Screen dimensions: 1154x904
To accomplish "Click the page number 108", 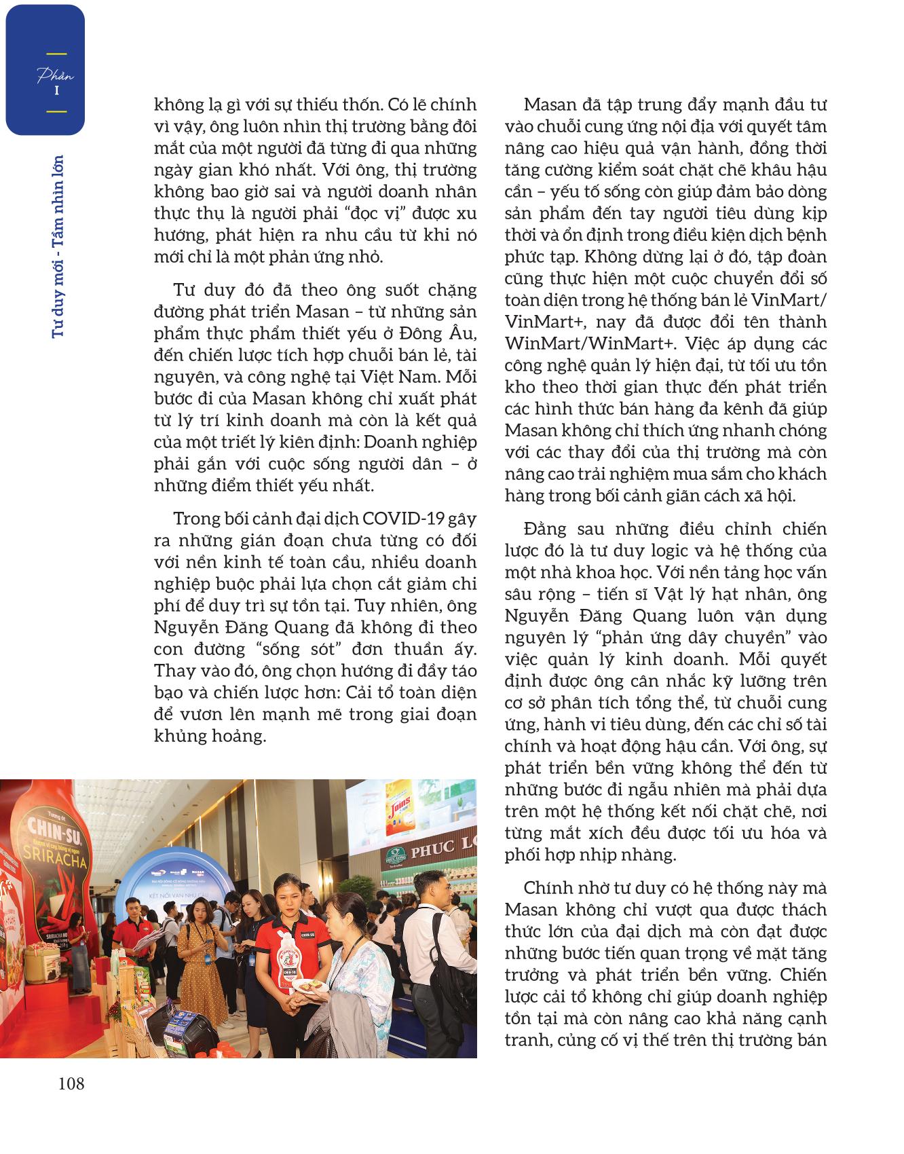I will click(71, 1083).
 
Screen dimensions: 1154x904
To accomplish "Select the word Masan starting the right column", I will click(548, 105).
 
